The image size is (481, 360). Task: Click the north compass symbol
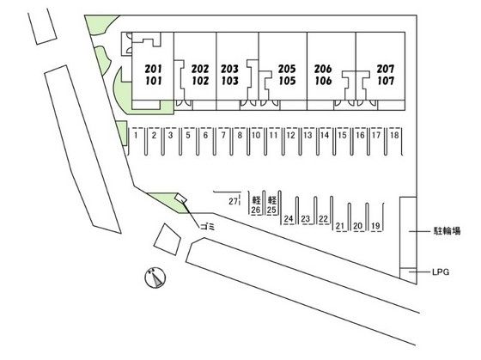(155, 278)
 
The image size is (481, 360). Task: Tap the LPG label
(440, 272)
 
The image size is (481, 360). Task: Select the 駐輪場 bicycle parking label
(447, 231)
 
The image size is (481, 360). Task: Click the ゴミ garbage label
(208, 227)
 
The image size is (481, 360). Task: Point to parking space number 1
(136, 135)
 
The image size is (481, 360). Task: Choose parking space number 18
(394, 135)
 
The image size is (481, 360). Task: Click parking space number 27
(233, 201)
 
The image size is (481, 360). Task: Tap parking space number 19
(375, 226)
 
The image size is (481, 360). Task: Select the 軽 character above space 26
(256, 200)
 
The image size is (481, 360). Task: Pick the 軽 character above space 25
(272, 200)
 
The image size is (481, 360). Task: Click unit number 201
(154, 69)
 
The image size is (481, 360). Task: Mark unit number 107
(386, 81)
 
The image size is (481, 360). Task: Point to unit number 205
(287, 69)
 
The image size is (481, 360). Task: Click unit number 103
(230, 81)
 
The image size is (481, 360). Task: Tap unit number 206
(323, 69)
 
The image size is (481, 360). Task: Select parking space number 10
(256, 135)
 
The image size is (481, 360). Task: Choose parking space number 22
(323, 218)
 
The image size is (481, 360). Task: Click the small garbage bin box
(180, 198)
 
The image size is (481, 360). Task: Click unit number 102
(200, 81)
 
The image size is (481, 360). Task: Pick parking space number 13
(307, 135)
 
